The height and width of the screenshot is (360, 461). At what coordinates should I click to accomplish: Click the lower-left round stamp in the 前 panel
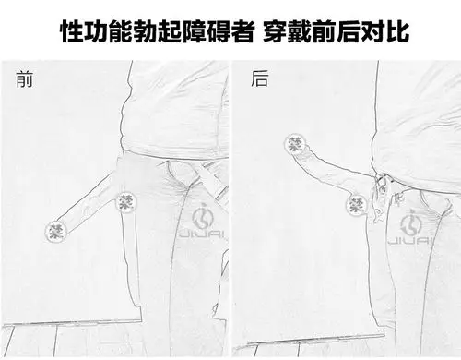57,231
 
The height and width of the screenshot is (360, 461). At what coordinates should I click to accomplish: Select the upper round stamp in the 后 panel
295,143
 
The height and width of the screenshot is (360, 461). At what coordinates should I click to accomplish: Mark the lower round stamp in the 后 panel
356,205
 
